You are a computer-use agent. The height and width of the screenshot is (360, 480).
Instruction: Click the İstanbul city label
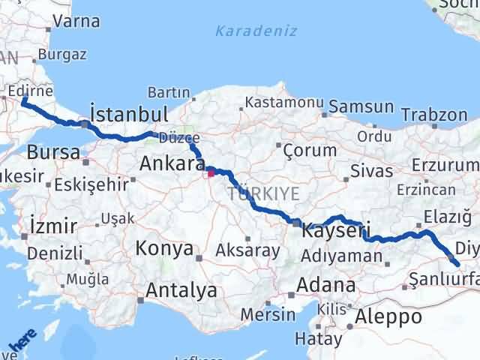[128, 114]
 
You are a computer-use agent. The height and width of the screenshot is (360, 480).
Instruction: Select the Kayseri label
[337, 230]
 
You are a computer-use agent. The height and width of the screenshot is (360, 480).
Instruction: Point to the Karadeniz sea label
[256, 31]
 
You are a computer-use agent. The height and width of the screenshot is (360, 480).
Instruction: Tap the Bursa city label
[53, 152]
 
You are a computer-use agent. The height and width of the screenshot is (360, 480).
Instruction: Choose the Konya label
[165, 249]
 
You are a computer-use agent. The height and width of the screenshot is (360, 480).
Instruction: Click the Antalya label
[182, 290]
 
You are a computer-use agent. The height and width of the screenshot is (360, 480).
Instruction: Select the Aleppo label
[389, 316]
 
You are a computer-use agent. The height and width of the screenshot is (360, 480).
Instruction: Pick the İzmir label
[52, 225]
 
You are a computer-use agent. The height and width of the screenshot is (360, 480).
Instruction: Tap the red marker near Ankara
[211, 173]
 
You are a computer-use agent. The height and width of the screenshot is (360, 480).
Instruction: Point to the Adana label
[326, 285]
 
